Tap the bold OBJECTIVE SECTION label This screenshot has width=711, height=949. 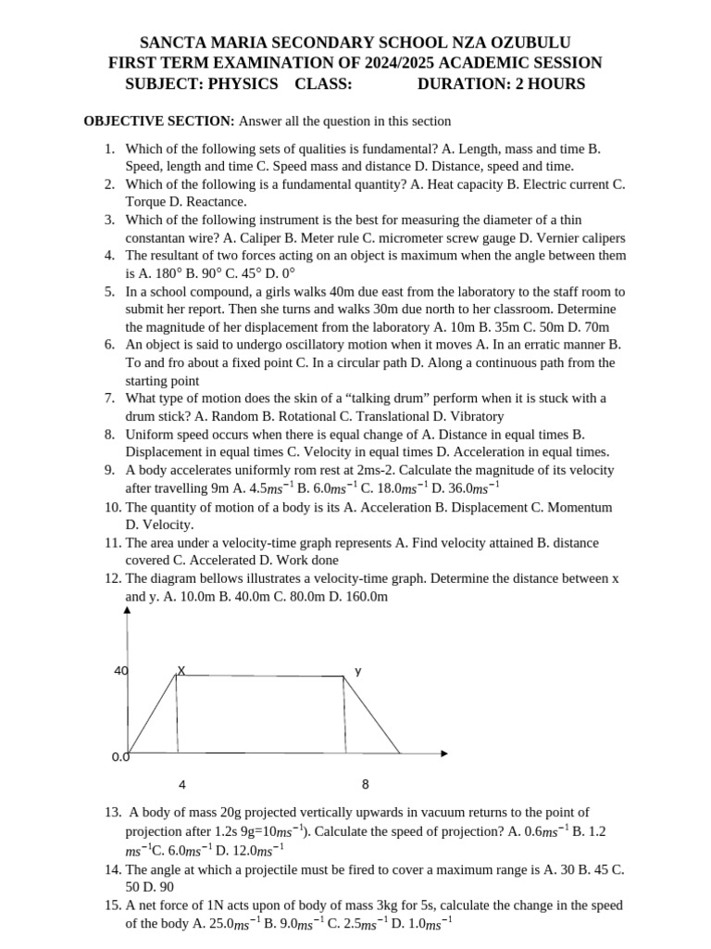click(x=159, y=121)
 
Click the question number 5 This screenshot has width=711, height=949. click(x=109, y=291)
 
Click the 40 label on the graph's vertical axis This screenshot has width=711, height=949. click(x=120, y=670)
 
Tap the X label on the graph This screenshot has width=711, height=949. click(x=181, y=669)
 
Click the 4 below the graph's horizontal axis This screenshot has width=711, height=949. click(x=182, y=785)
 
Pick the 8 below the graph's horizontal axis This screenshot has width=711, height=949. click(x=365, y=784)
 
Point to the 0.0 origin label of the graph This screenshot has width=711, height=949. click(x=119, y=757)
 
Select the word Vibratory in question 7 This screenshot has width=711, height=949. click(x=474, y=416)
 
